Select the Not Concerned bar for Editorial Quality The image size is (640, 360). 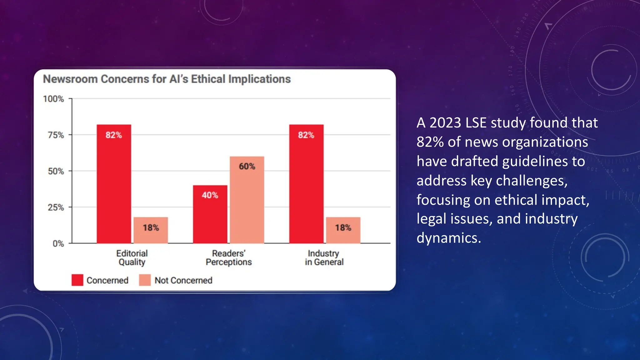151,230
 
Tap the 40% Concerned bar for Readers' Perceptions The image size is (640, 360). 210,214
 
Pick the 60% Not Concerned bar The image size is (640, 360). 247,200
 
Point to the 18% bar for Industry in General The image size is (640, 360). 343,230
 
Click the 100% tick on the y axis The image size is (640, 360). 53,99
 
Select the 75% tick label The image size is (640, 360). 56,135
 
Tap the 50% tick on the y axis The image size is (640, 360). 56,171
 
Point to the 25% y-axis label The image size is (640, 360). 56,207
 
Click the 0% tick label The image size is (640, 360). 58,244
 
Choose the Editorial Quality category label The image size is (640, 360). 132,257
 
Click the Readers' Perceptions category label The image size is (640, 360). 229,257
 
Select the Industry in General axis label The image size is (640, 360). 324,257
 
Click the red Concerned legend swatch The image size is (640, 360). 77,280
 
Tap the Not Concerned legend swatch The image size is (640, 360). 145,280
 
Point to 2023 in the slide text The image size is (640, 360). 445,123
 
